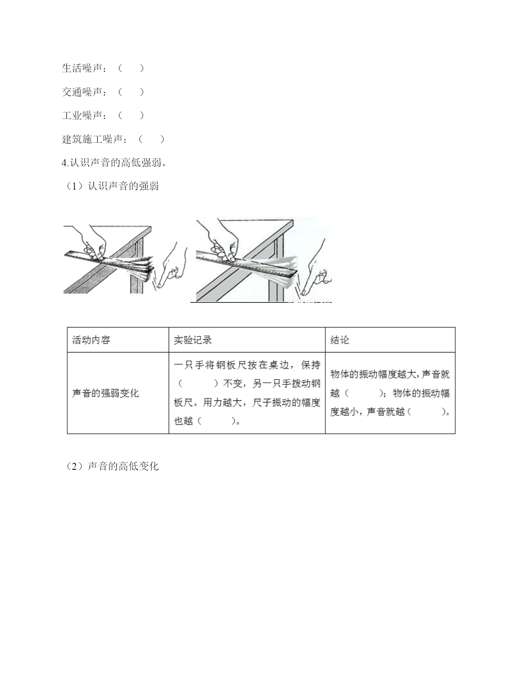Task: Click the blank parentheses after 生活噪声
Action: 131,68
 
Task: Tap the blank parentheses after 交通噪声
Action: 131,92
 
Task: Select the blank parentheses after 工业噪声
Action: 131,116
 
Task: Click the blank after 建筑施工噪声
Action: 151,139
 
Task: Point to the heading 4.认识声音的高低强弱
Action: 114,162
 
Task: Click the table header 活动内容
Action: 91,340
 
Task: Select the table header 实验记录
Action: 192,340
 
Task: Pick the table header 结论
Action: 340,340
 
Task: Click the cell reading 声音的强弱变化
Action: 105,393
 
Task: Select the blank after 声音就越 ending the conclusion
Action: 427,412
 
